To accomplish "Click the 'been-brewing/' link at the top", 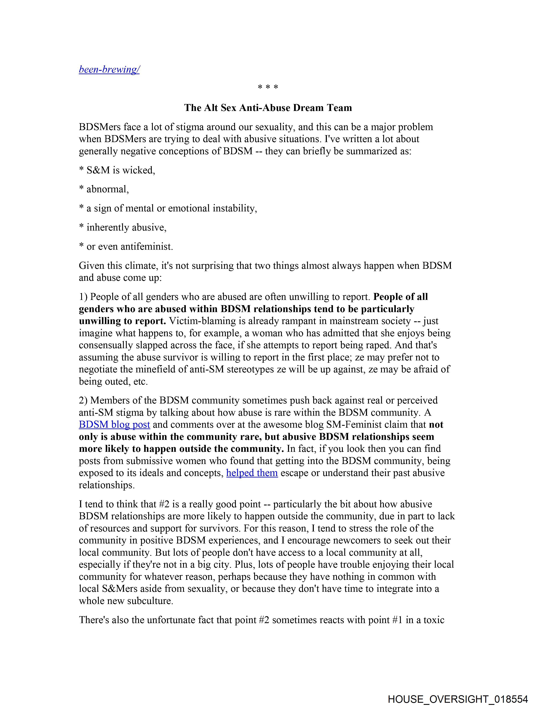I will point(109,70).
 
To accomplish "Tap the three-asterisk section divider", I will point(268,87).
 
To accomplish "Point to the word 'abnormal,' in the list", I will point(108,189).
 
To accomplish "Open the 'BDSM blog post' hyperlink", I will point(114,425).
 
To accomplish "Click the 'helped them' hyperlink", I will point(252,473).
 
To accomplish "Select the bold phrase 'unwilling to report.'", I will point(122,321).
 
